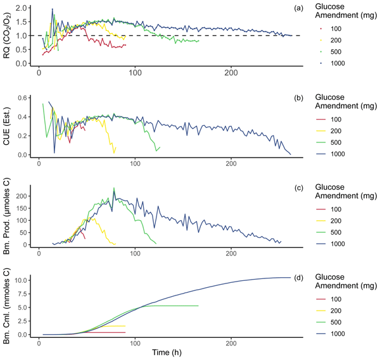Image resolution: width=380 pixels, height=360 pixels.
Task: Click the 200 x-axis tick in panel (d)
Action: click(231, 342)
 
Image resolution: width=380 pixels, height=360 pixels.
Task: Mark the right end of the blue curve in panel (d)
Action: click(291, 277)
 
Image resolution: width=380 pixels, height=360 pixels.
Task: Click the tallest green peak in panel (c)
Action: click(114, 188)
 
